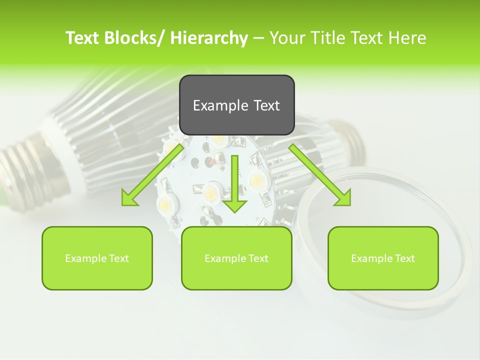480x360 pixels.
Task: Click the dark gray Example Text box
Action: pos(236,105)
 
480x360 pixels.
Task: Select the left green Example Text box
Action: pos(97,258)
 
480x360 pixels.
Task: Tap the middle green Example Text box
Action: pos(236,258)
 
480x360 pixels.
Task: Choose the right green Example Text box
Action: pos(383,258)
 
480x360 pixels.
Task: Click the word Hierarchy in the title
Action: pos(209,38)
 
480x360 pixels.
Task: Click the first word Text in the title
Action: pos(83,38)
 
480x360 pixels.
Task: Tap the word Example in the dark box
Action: pos(220,105)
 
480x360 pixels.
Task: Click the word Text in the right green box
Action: pos(404,258)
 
